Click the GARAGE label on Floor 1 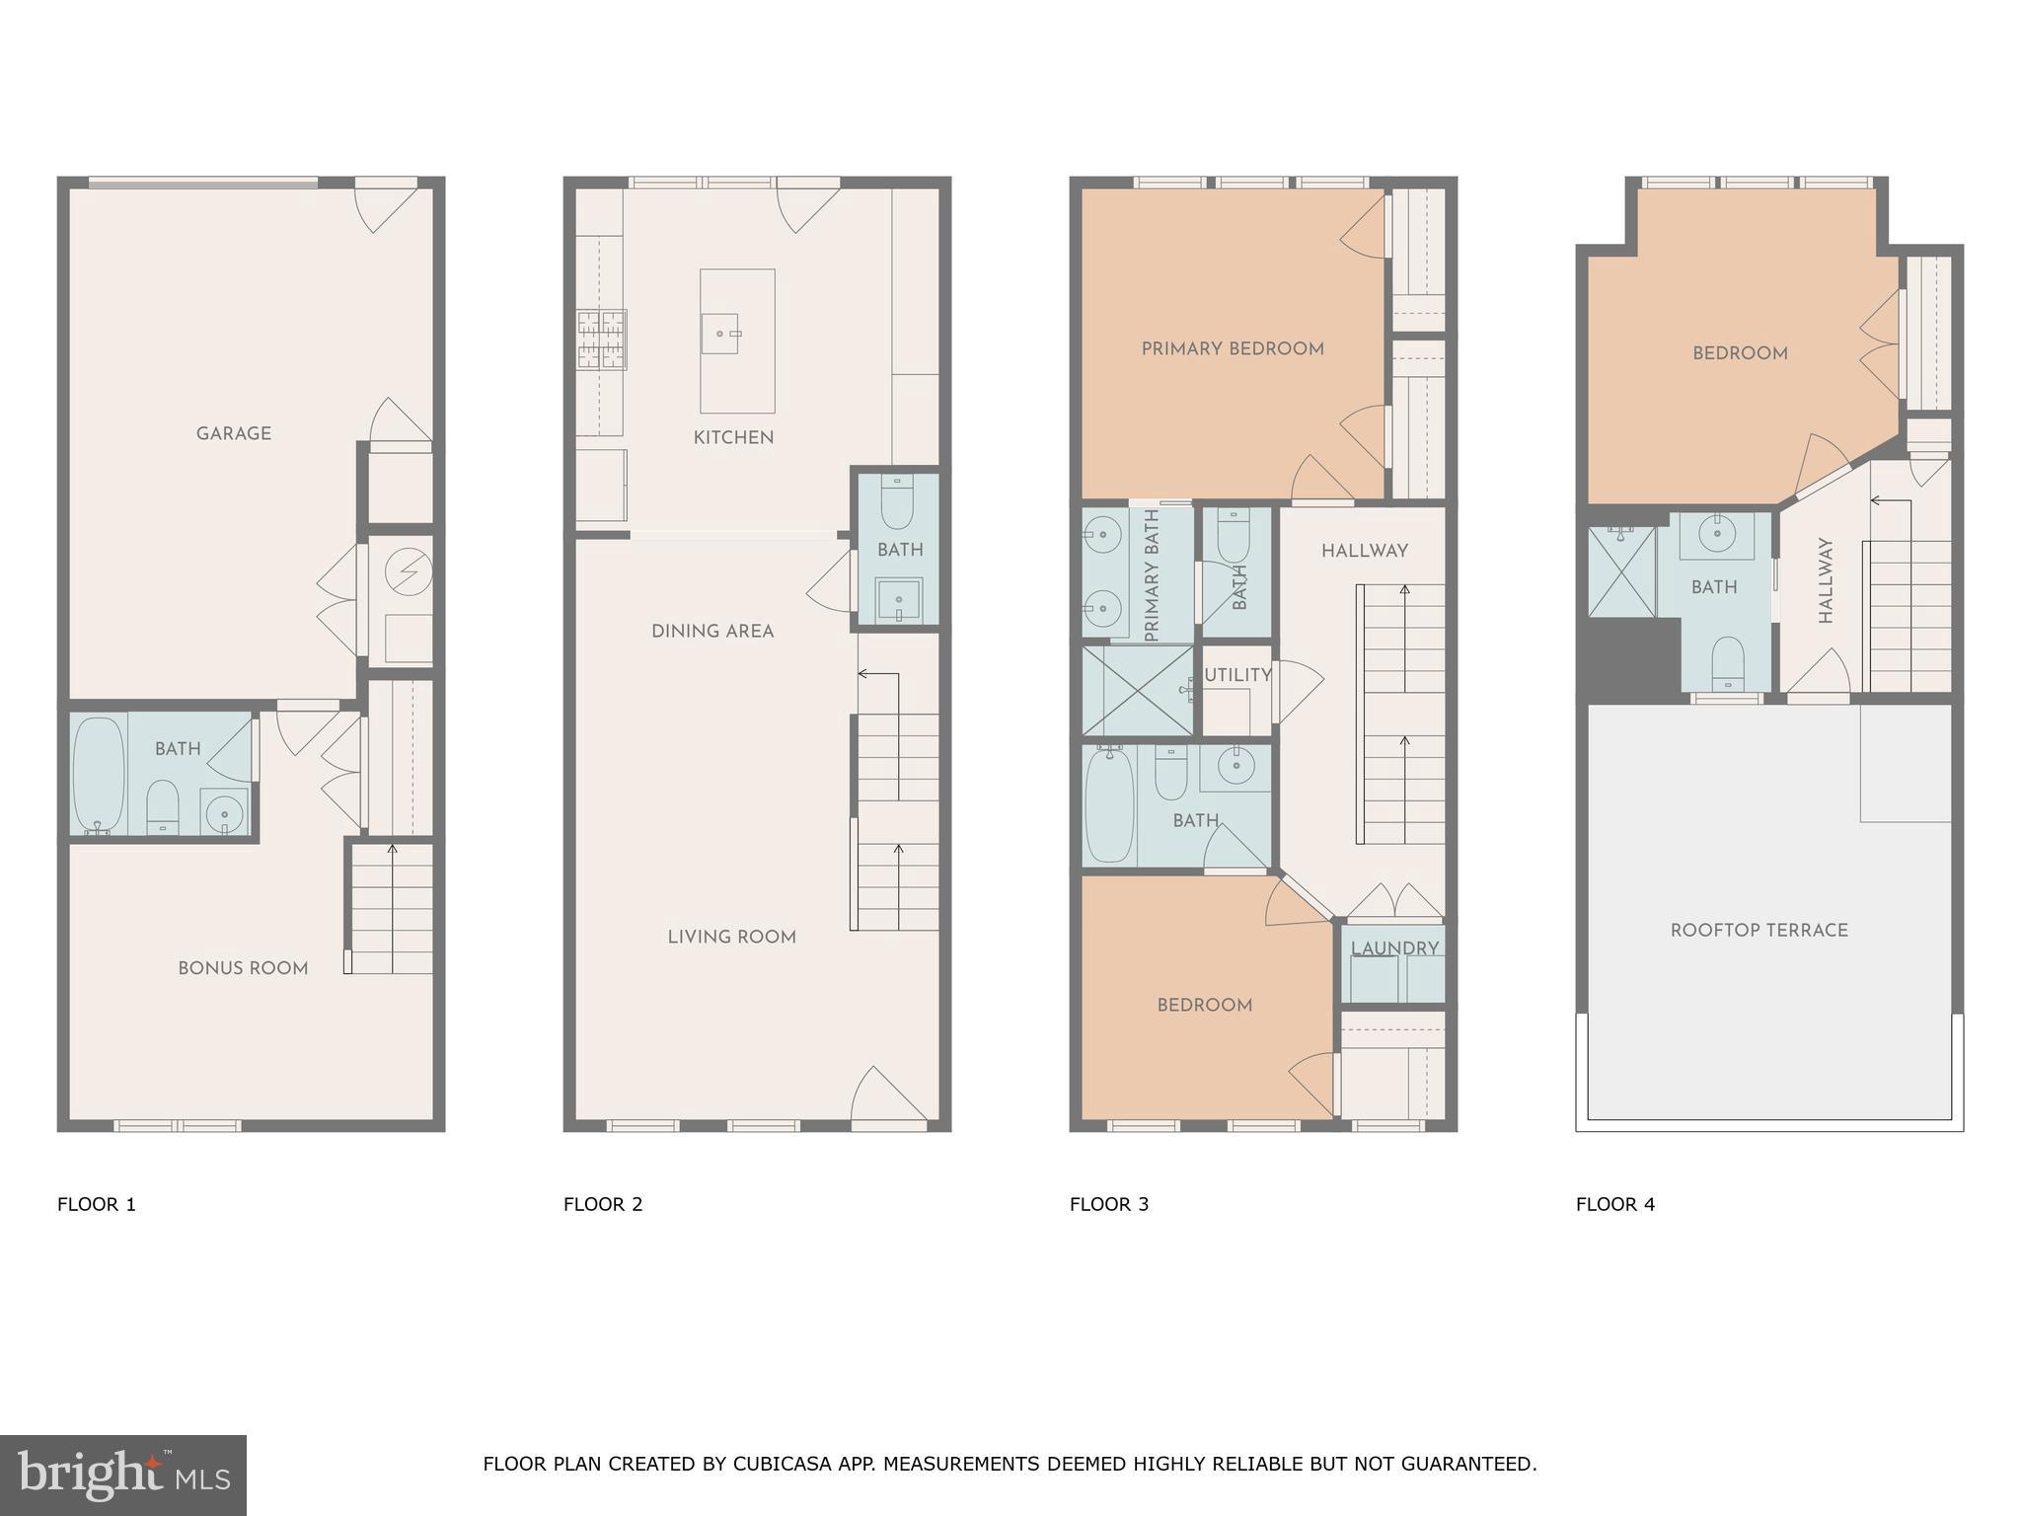click(233, 433)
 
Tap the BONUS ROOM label click(243, 968)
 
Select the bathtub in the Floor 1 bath click(98, 775)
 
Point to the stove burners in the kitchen click(601, 339)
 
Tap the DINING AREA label click(712, 631)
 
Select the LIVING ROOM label click(731, 937)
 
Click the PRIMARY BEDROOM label click(1233, 348)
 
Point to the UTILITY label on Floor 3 click(1237, 675)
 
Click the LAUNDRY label click(1394, 948)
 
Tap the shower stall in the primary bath click(1139, 690)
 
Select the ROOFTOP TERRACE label click(1759, 930)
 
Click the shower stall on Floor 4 click(1621, 572)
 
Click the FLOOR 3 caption click(1109, 1204)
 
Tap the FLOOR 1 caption click(97, 1204)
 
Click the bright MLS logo click(123, 1476)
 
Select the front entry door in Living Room click(887, 1096)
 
